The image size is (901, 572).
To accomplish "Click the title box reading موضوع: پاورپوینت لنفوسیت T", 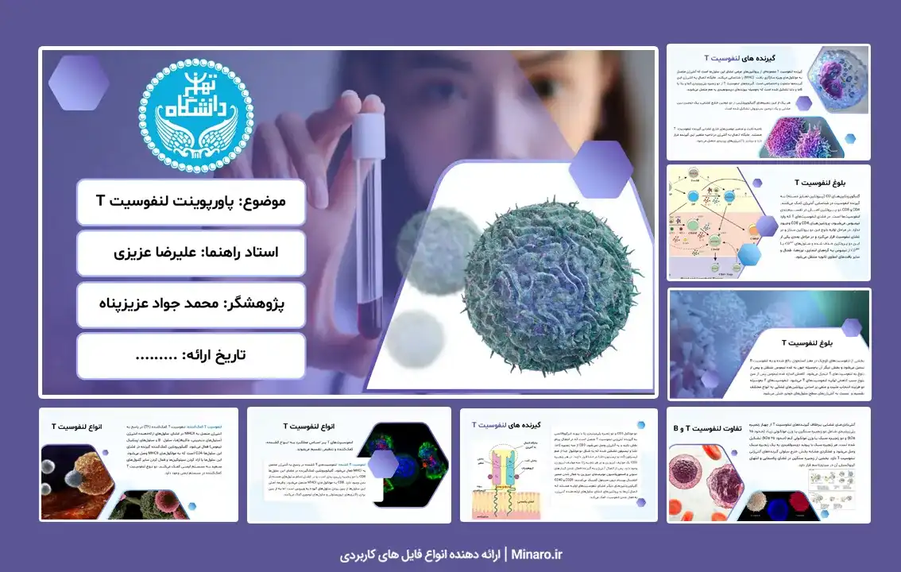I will [x=191, y=202].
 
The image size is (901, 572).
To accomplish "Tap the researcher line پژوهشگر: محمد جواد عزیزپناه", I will [x=191, y=304].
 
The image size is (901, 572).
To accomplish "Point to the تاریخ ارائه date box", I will [x=191, y=355].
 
